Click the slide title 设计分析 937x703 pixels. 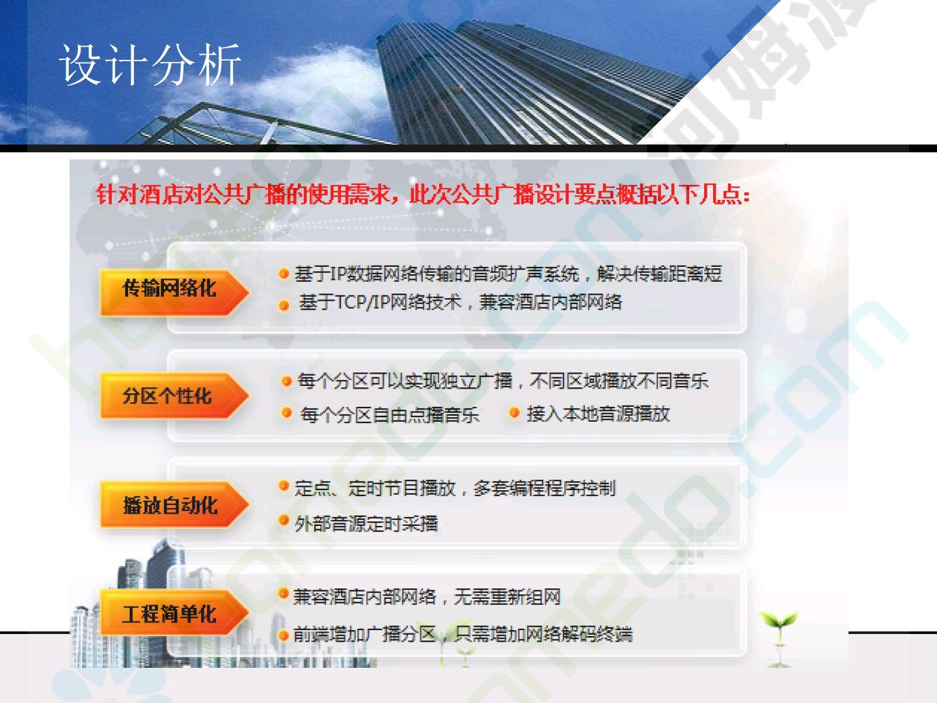click(150, 65)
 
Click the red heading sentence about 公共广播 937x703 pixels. click(422, 195)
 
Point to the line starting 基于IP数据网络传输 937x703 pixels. click(508, 273)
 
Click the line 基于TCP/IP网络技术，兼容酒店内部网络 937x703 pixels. click(460, 302)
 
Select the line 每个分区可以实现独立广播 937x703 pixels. click(503, 381)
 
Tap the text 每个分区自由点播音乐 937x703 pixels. click(389, 415)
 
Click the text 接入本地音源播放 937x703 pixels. click(598, 413)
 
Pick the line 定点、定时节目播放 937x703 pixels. click(455, 488)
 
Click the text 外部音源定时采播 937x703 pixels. click(366, 523)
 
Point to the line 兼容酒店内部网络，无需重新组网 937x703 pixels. click(426, 596)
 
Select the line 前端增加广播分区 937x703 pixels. click(463, 634)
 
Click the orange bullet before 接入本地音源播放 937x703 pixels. click(514, 413)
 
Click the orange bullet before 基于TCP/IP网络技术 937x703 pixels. click(284, 305)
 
